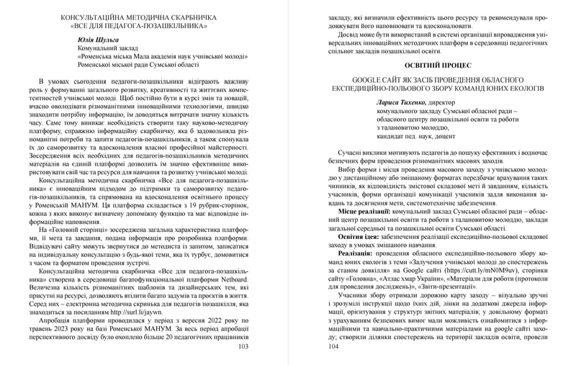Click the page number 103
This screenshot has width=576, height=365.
tap(261, 346)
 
